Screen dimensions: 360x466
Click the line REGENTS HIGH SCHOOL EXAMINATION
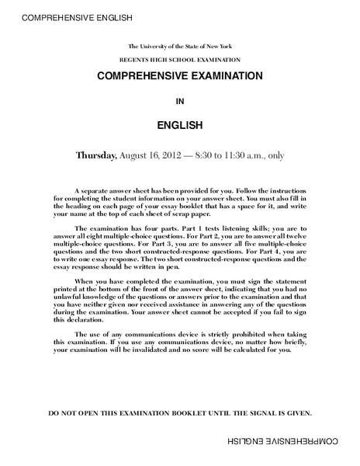point(180,60)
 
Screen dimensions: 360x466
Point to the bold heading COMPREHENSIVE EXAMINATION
point(180,77)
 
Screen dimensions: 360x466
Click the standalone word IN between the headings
point(180,100)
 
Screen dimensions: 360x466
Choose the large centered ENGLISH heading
point(180,124)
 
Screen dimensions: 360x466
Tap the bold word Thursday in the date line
point(95,155)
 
